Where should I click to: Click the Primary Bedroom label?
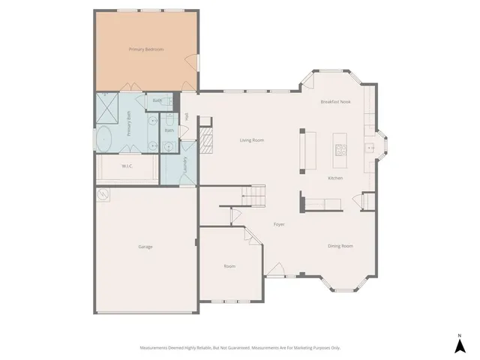pos(145,49)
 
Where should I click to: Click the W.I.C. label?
pos(127,166)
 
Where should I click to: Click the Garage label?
pos(145,246)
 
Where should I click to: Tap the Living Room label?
pos(251,140)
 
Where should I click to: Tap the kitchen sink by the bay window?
pos(370,148)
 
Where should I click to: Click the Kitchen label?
pos(335,178)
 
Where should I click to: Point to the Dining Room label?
pos(340,246)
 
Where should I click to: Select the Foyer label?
pos(278,224)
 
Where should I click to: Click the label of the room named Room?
pos(230,266)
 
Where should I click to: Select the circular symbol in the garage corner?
pos(103,195)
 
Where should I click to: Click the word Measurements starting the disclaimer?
pos(156,348)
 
